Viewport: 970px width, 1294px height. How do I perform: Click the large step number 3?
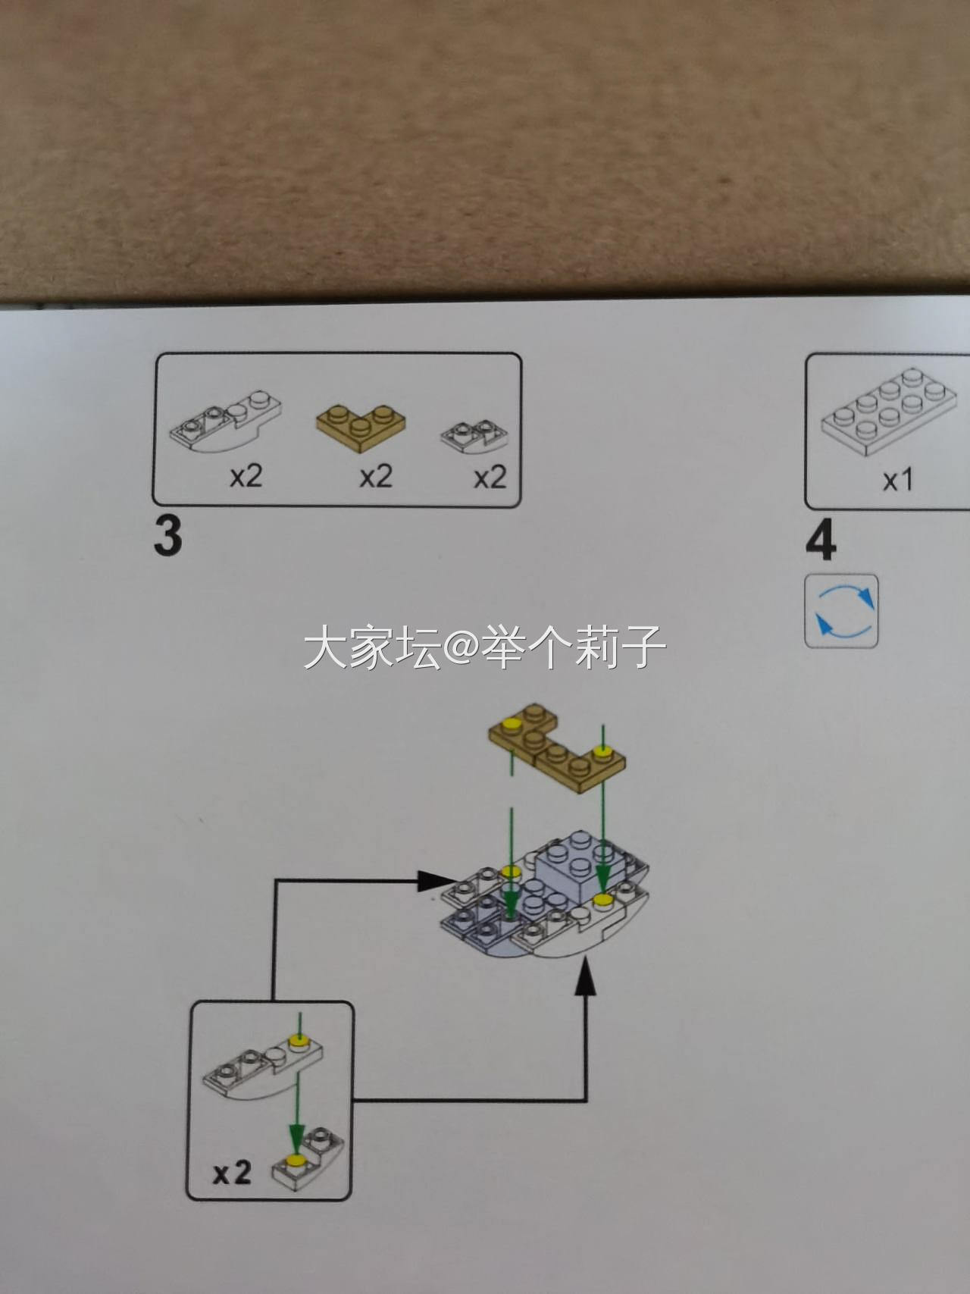(167, 537)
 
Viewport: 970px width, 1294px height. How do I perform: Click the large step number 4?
(821, 541)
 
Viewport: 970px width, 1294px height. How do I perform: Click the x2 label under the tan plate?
(376, 476)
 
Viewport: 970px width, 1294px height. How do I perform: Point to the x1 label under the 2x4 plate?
(898, 480)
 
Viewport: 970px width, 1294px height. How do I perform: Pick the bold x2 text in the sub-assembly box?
(232, 1173)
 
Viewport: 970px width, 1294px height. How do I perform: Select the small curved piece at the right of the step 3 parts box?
(474, 437)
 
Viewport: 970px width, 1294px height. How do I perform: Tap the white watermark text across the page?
(485, 647)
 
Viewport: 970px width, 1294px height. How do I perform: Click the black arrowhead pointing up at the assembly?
(584, 975)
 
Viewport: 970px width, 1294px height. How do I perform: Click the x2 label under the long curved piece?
(246, 476)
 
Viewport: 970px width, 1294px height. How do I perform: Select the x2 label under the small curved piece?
(490, 477)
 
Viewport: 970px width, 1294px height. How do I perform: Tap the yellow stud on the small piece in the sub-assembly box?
(295, 1160)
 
